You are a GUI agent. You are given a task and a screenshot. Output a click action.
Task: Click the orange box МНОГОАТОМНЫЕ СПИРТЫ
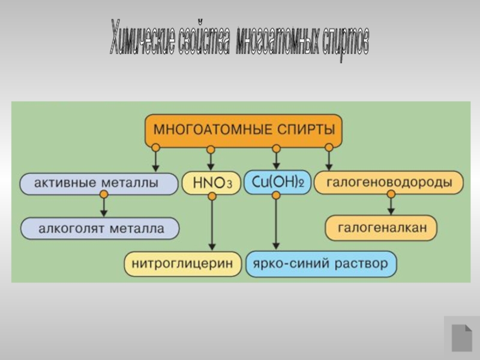coord(243,130)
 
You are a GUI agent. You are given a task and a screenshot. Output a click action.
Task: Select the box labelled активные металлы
coord(99,184)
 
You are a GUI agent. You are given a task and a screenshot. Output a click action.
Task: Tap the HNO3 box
coord(211,184)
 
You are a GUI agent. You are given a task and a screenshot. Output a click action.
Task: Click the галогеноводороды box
coord(389,183)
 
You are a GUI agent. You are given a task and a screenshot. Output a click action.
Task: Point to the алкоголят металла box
coord(100,229)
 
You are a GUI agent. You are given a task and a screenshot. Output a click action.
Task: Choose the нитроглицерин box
coord(182,264)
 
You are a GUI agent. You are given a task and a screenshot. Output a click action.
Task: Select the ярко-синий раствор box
coord(321,264)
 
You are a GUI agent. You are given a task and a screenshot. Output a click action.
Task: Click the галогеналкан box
coord(381,228)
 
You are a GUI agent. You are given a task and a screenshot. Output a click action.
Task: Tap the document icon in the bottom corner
coord(461,337)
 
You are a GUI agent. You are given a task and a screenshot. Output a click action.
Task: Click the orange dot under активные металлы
coord(104,195)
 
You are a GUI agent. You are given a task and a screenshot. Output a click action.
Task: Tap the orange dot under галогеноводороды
coord(391,194)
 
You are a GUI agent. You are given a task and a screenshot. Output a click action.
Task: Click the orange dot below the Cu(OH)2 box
coord(276,195)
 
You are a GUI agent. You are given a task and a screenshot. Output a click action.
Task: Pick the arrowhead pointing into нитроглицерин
coord(211,246)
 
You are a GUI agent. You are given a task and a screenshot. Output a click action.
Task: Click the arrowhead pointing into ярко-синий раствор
coord(276,245)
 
